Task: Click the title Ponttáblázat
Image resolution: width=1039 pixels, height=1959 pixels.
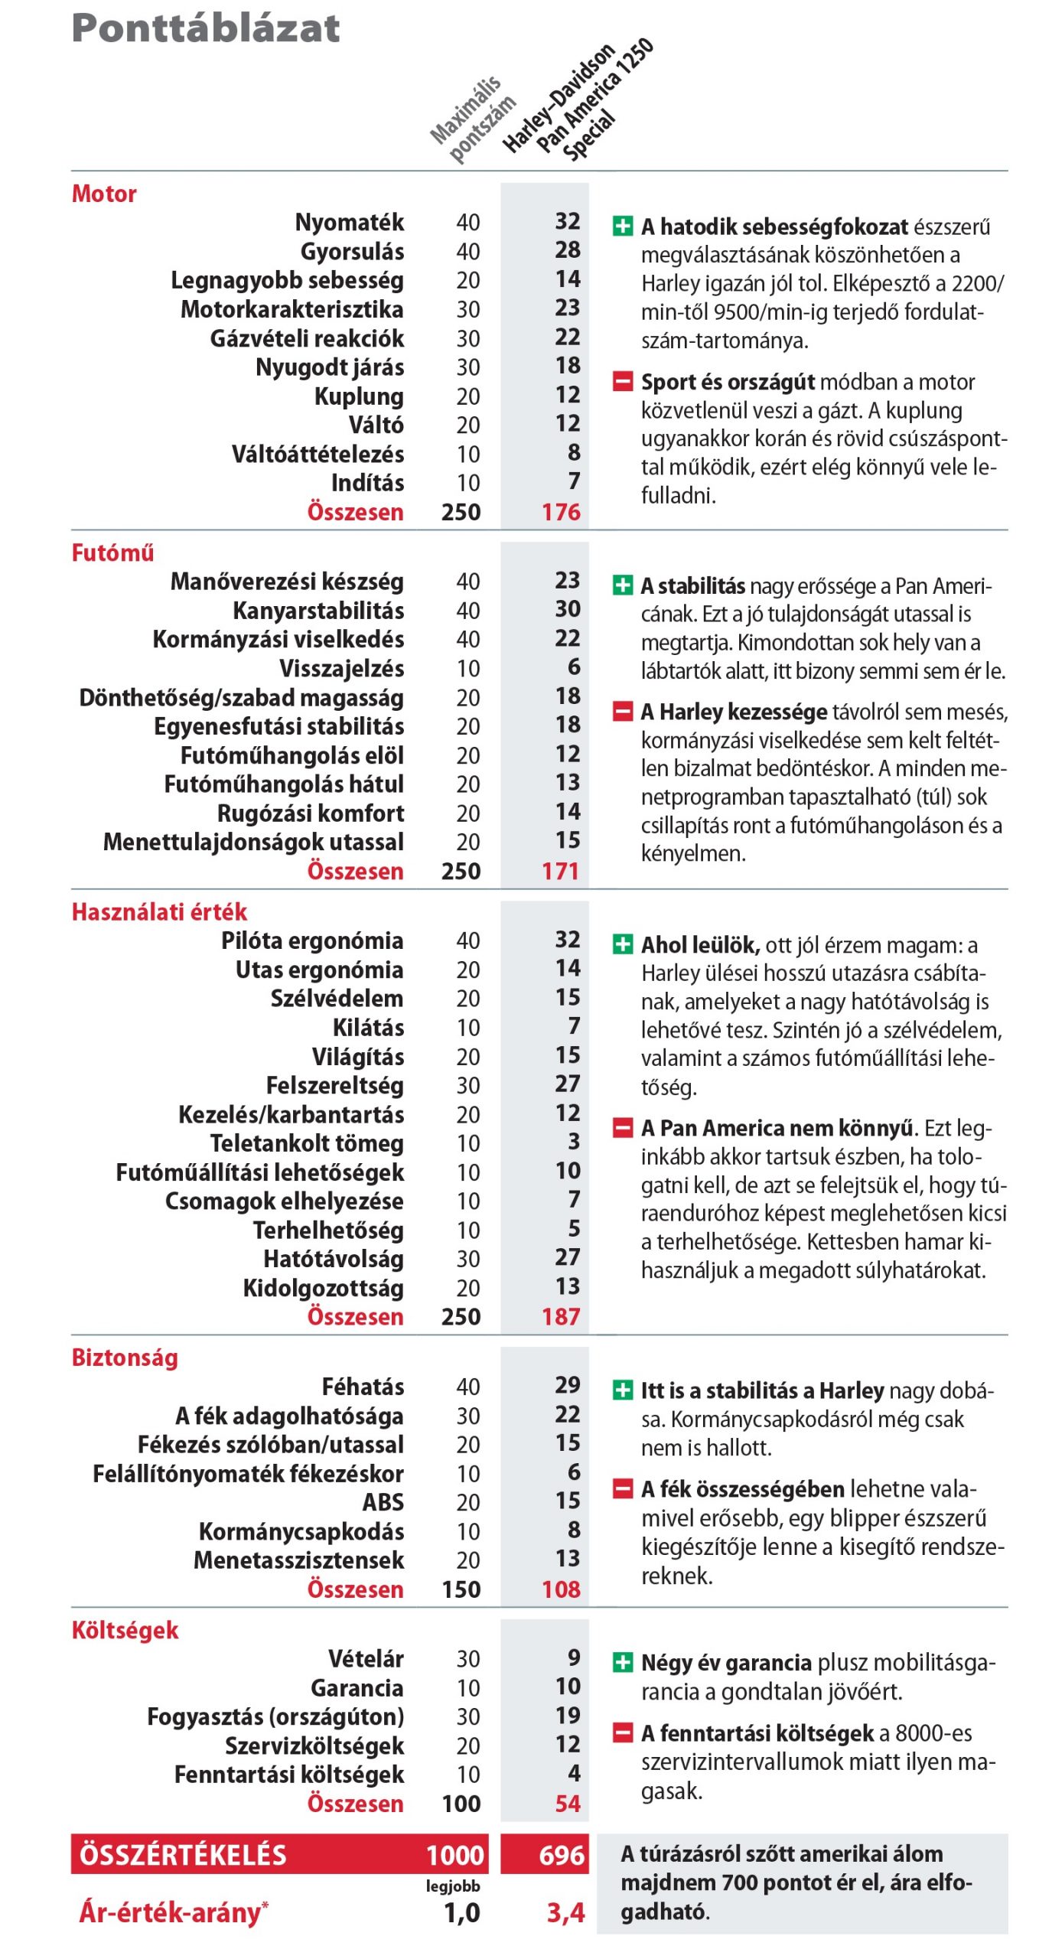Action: pos(205,28)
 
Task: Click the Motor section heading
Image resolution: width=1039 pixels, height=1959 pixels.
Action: pos(104,194)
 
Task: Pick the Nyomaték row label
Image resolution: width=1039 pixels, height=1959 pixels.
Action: pos(350,223)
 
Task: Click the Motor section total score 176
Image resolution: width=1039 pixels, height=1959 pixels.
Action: pos(561,512)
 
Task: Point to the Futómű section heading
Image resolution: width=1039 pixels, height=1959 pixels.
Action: pos(112,552)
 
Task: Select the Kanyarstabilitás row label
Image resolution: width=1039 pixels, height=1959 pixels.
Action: pos(318,611)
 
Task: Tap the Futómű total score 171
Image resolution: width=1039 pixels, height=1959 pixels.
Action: pos(561,871)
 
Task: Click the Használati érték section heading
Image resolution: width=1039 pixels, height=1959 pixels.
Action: pos(159,911)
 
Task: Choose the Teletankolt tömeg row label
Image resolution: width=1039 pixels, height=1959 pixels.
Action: pos(307,1143)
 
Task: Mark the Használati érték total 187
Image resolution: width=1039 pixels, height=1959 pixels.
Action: pos(561,1316)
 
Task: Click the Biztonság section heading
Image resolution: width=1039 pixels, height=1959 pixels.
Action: pos(125,1358)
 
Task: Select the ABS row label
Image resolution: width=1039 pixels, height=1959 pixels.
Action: pos(383,1502)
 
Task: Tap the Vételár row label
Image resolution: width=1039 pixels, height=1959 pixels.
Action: pos(366,1659)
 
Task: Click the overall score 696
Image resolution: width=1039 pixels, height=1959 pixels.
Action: pos(562,1855)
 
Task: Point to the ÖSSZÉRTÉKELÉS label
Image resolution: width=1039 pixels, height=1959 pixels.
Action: pos(183,1855)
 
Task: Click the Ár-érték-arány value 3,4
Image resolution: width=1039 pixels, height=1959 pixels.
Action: pos(565,1912)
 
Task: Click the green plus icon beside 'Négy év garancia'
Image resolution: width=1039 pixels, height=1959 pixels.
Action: pos(623,1663)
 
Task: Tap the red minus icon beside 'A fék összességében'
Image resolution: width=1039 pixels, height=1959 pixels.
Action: pos(623,1489)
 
